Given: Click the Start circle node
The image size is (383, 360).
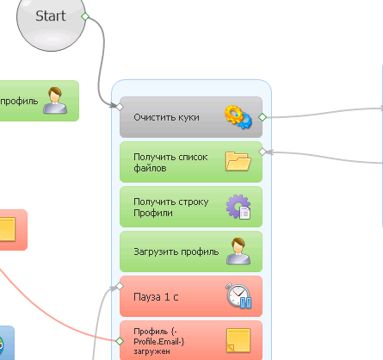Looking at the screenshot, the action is coord(51,20).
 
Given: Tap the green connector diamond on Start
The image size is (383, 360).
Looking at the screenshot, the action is coord(85,16).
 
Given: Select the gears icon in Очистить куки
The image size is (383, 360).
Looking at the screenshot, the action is coord(238,117).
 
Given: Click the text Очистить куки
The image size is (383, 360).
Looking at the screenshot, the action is coord(166,117).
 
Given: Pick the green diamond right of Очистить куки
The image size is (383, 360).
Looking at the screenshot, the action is coord(263,117).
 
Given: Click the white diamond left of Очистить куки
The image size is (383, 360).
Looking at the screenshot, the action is coord(120,107).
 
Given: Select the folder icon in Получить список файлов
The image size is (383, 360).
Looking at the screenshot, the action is coord(238,161).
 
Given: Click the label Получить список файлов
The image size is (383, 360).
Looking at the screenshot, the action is coord(170,162).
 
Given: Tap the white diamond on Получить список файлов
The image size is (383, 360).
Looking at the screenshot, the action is coord(263,152).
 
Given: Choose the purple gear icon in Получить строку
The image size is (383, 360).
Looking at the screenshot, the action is coord(238,207).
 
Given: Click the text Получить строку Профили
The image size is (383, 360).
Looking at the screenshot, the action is coord(171,207).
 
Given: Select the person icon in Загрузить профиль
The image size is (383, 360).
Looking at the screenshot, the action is coord(238,251).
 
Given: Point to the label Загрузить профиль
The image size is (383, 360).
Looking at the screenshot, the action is coord(176,251).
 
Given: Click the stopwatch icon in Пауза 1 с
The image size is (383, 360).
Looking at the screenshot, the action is coord(238,296).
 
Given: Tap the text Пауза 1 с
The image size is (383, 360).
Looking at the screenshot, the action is coord(156,297).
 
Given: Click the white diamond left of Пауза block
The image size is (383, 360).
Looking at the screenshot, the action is coord(120,286).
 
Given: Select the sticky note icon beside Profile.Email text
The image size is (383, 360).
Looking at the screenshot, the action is coord(238,340).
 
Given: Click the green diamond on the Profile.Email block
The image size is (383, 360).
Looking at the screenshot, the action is coord(120,341).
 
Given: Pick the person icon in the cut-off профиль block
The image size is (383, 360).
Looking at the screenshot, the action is coord(55,100).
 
